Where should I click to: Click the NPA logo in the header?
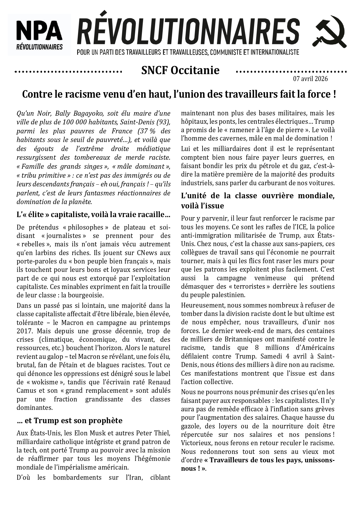tap(39, 34)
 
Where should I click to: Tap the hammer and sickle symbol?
tap(330, 32)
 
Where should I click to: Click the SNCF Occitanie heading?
tap(180, 70)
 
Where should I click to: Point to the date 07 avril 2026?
tap(310, 79)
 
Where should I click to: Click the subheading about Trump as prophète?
tap(70, 421)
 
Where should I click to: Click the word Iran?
tap(134, 477)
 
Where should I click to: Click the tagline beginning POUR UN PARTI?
tap(188, 52)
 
